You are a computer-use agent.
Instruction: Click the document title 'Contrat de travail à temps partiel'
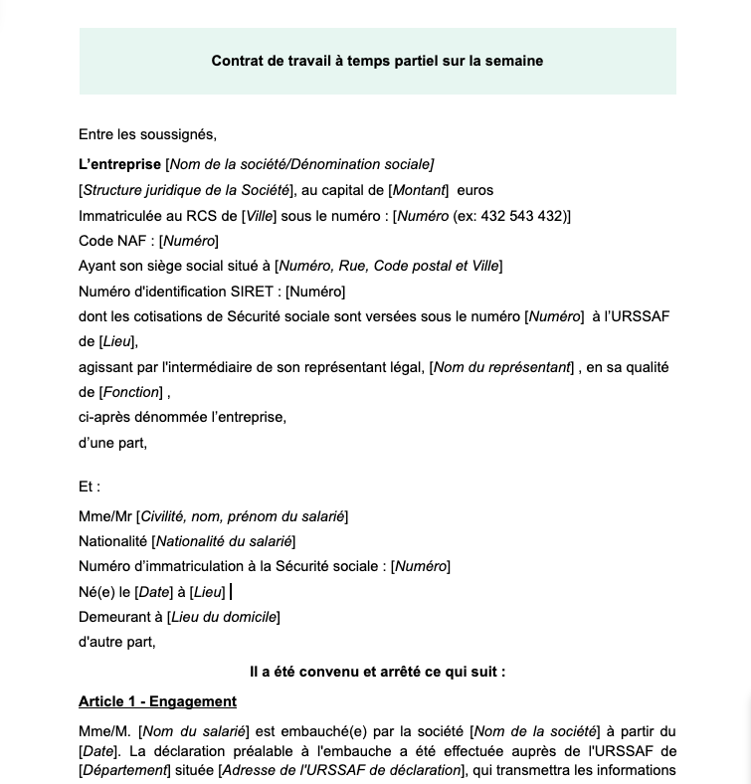[377, 61]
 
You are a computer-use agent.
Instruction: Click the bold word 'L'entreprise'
[119, 164]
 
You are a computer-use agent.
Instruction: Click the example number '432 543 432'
[523, 216]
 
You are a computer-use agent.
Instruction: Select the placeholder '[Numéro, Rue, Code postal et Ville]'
[389, 266]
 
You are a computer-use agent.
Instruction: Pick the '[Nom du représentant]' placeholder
[502, 367]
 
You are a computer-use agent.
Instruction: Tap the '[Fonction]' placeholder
[130, 392]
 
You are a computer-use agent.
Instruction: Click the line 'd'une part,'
[112, 443]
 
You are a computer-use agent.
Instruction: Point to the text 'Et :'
[90, 487]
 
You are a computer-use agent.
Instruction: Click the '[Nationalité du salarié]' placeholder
[223, 541]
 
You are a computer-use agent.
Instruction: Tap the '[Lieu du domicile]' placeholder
[223, 617]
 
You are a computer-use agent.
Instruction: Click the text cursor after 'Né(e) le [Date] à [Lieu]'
[231, 592]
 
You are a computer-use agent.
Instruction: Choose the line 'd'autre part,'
[117, 642]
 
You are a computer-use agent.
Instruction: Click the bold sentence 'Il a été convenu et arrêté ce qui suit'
[377, 672]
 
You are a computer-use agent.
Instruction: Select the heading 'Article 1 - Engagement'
[157, 701]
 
